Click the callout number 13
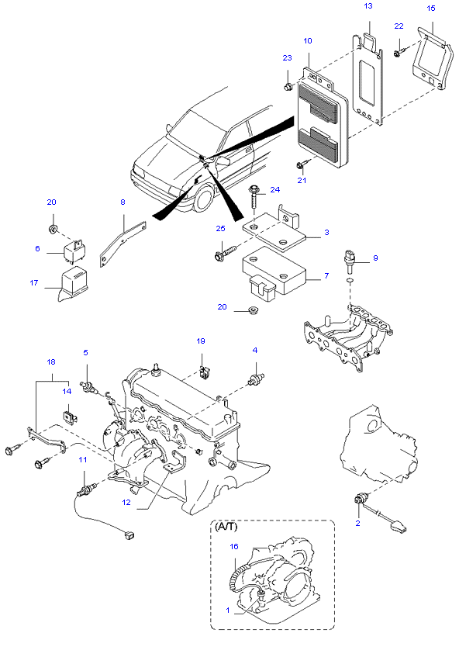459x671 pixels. click(368, 6)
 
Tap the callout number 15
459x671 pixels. click(431, 8)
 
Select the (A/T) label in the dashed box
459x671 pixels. click(226, 527)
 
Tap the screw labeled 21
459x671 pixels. click(303, 164)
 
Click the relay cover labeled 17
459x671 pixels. click(72, 282)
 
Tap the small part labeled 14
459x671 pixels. click(69, 417)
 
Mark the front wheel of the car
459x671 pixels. click(204, 198)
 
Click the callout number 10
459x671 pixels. click(308, 40)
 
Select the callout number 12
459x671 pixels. click(126, 503)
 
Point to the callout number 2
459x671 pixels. click(357, 523)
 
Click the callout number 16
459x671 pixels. click(234, 546)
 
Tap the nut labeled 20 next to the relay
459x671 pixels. click(53, 230)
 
